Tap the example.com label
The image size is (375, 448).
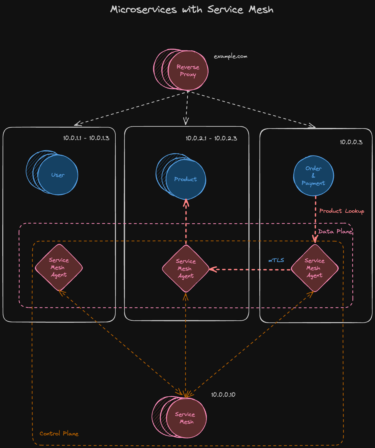pyautogui.click(x=231, y=56)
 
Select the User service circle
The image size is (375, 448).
pyautogui.click(x=58, y=175)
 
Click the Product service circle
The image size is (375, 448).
pyautogui.click(x=186, y=179)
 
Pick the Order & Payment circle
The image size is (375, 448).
pyautogui.click(x=313, y=176)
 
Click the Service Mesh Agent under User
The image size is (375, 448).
pyautogui.click(x=59, y=268)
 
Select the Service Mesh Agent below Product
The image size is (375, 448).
pyautogui.click(x=186, y=268)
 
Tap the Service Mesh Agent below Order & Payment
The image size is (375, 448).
pyautogui.click(x=315, y=268)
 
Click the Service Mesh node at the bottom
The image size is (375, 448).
pyautogui.click(x=186, y=418)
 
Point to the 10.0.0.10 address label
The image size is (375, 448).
pyautogui.click(x=223, y=395)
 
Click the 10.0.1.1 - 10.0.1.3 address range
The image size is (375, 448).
pyautogui.click(x=86, y=138)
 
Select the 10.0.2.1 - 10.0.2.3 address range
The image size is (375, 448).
pyautogui.click(x=211, y=138)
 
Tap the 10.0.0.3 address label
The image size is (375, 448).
pyautogui.click(x=351, y=142)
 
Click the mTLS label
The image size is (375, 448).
pyautogui.click(x=276, y=260)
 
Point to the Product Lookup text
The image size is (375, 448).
pyautogui.click(x=342, y=211)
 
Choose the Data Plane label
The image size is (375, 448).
pyautogui.click(x=335, y=231)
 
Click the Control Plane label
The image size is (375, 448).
pyautogui.click(x=59, y=434)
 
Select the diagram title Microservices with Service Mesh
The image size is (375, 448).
pyautogui.click(x=191, y=9)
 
